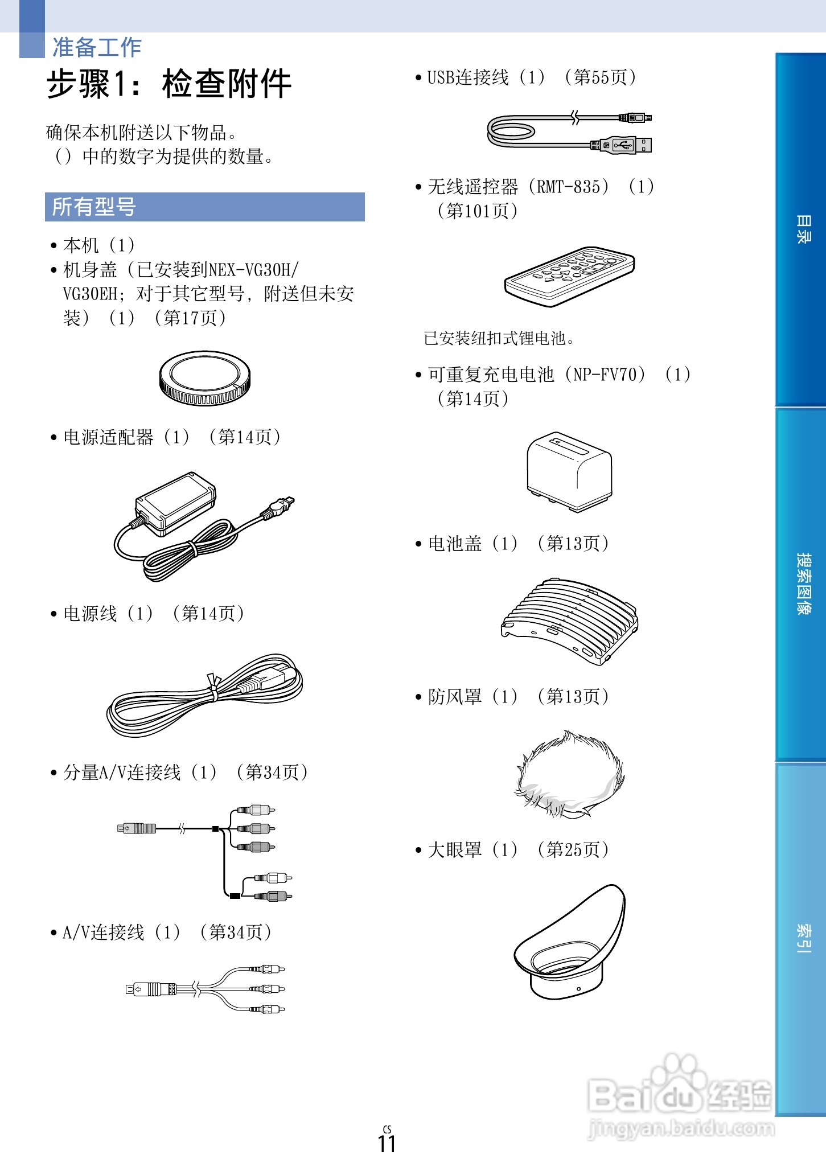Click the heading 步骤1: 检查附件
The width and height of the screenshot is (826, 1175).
169,84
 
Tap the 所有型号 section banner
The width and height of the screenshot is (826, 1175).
204,207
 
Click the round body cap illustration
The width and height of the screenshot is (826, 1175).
205,378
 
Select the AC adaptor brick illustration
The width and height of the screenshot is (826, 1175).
175,503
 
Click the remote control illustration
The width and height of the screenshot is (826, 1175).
569,276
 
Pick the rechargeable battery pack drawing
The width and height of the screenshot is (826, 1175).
569,471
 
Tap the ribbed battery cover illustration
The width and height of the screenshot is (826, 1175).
569,621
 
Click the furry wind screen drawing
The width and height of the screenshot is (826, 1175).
569,774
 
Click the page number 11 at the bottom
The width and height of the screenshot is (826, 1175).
387,1143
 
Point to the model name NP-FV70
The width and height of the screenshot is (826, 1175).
609,375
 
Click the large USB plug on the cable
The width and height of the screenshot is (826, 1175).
623,145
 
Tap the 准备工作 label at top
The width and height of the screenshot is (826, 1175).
97,47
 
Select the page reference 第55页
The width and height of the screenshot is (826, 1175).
600,77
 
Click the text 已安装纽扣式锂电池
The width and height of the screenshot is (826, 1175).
499,338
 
